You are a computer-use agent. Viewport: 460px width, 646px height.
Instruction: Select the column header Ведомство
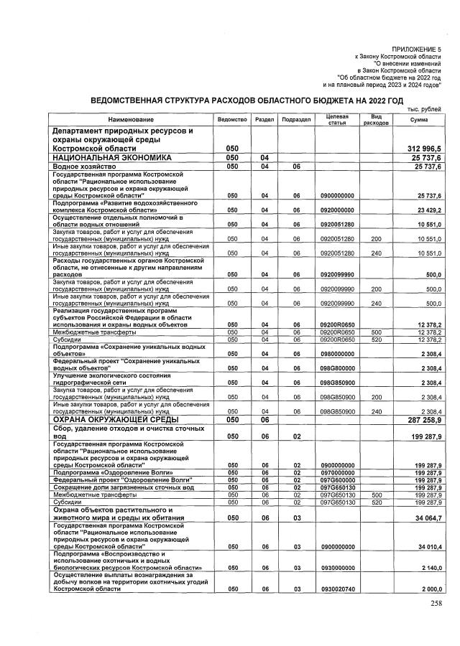click(231, 118)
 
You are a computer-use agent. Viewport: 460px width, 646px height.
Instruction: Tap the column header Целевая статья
click(337, 118)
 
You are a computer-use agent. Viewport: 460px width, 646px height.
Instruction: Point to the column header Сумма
click(418, 118)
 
